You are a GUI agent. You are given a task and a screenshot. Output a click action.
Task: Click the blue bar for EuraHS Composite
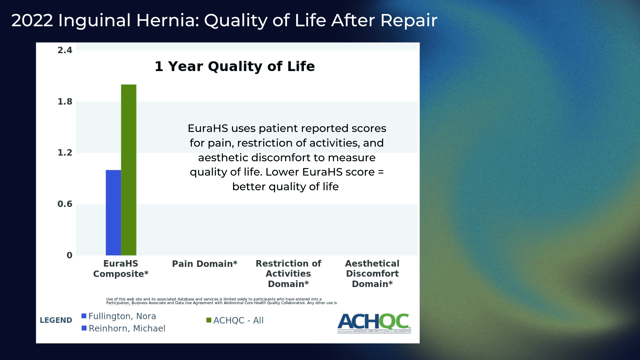coord(113,213)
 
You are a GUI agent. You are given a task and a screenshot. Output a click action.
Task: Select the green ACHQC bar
coord(128,170)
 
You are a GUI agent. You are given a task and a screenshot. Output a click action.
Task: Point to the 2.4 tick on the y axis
coord(65,50)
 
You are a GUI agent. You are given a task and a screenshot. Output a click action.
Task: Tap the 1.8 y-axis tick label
coord(65,102)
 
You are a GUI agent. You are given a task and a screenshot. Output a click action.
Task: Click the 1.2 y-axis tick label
coord(65,153)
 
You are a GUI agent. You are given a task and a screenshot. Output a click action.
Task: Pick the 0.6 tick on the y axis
coord(65,204)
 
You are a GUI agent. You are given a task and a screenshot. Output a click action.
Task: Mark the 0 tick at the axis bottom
coord(69,255)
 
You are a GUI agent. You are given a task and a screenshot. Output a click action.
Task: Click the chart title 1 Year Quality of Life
coord(234,66)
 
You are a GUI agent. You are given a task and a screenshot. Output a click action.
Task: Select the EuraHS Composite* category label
coord(121,269)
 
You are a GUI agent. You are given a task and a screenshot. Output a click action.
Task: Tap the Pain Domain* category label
coord(204,264)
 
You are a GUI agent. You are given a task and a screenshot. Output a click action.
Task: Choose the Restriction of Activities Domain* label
coord(288,273)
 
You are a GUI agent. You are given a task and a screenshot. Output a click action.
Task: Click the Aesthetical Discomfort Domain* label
coord(372,273)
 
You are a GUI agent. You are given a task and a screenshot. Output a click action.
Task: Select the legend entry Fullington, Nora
coord(122,316)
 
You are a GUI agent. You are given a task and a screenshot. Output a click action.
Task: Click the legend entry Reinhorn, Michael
coord(127,329)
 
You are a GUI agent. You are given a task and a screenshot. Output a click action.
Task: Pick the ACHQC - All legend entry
coord(238,320)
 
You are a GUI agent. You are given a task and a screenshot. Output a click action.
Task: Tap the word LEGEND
coord(56,320)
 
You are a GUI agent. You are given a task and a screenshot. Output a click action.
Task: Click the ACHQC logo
coord(374,323)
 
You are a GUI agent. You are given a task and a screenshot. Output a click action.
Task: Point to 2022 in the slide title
coord(32,20)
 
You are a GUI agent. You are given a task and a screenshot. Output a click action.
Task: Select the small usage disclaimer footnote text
coord(221,301)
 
